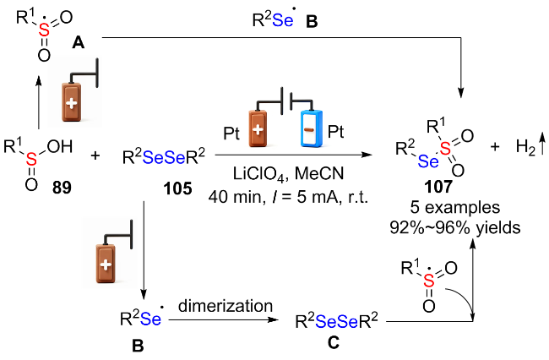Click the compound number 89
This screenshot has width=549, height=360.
62,188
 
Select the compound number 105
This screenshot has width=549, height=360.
178,188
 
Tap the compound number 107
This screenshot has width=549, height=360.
438,187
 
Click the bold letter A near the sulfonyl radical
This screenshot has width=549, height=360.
78,43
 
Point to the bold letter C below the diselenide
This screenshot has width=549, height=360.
334,342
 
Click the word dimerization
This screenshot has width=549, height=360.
226,306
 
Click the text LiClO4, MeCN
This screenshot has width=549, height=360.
289,174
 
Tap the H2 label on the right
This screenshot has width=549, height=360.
526,147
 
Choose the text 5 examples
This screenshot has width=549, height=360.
454,208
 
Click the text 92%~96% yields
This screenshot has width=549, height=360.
454,227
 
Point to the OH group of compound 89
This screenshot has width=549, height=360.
60,146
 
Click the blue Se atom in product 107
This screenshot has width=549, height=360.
428,161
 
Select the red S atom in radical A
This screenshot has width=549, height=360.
44,30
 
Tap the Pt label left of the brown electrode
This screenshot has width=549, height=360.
231,133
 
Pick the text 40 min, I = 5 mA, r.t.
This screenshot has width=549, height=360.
289,197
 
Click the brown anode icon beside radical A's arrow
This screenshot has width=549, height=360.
72,102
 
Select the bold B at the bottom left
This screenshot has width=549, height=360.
138,346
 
